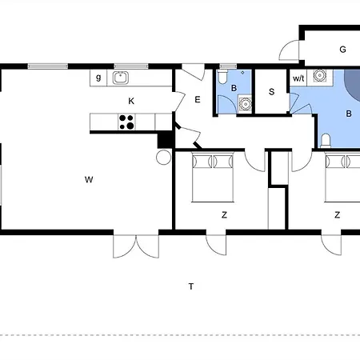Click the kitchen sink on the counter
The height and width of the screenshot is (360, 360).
point(121,78)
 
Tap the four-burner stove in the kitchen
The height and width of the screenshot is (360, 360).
point(126,122)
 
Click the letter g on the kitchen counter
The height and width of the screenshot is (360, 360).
point(98,78)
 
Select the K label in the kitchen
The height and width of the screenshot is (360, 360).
point(130,101)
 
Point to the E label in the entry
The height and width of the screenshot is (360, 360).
point(196,99)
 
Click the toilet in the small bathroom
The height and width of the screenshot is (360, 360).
point(222,78)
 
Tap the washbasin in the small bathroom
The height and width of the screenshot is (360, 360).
point(245,102)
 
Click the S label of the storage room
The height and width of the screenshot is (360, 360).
point(271,92)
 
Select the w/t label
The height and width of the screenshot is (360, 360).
point(298,78)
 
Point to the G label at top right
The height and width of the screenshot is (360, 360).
point(342,50)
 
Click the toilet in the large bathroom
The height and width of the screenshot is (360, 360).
point(326,141)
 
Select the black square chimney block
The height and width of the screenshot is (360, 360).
point(166,138)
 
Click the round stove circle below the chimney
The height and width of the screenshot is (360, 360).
point(163,157)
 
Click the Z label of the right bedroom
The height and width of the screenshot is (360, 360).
point(338,214)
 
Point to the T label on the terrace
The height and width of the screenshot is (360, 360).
point(190,286)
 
